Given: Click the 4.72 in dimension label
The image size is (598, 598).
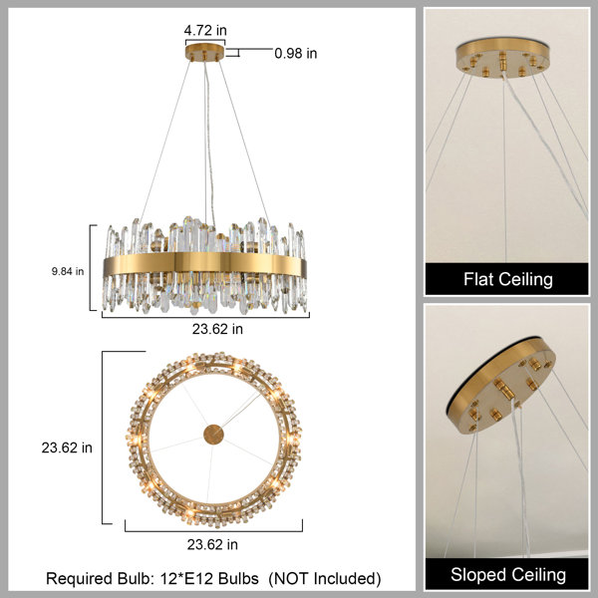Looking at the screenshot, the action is click(x=205, y=30).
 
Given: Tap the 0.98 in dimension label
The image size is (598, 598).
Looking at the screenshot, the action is click(x=296, y=53).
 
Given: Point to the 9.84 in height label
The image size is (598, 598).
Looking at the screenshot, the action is click(x=68, y=271).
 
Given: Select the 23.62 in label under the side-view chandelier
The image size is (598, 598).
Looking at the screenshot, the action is click(x=217, y=329).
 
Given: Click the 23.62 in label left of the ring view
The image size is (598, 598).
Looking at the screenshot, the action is click(x=67, y=448).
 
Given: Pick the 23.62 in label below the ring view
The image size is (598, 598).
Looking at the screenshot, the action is click(x=212, y=544).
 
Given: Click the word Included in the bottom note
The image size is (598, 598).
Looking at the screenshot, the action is click(x=345, y=578).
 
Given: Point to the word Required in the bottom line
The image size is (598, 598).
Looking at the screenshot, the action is click(x=79, y=579).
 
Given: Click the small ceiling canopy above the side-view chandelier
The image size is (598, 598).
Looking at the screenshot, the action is click(x=204, y=52).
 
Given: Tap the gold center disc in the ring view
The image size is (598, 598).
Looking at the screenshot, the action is click(x=213, y=435).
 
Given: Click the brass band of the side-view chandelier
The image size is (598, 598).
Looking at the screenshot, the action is click(x=204, y=263).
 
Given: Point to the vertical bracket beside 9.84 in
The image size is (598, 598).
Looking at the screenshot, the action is click(x=91, y=268).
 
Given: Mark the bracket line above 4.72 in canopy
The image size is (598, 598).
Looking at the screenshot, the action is click(x=205, y=40).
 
